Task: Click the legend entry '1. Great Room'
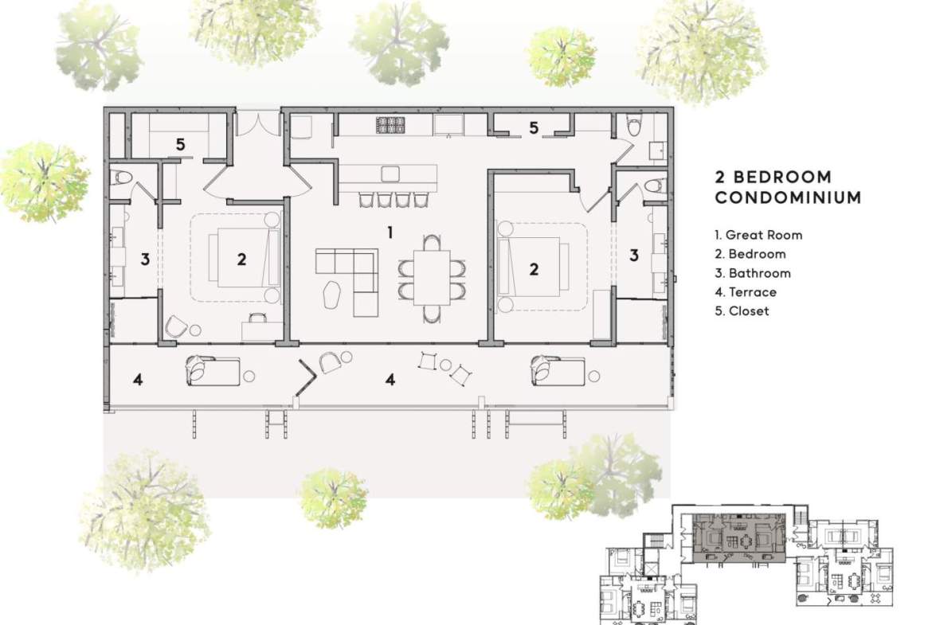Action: coord(758,235)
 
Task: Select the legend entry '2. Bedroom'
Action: coord(750,254)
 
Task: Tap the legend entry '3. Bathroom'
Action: coord(753,273)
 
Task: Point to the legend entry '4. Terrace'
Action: coord(746,292)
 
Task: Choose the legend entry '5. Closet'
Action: coord(742,311)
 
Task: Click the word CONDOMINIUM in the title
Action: coord(788,197)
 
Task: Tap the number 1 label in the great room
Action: coord(390,232)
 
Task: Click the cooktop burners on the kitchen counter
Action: coord(390,125)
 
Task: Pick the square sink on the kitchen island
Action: coord(390,174)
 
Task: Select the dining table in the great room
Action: coord(432,277)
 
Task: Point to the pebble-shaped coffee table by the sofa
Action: coord(331,295)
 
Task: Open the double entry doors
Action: coord(258,123)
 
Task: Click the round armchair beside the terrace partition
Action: coord(330,362)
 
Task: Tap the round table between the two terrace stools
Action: coord(446,365)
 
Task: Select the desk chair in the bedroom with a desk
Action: coord(258,318)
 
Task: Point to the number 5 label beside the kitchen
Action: coord(534,127)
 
